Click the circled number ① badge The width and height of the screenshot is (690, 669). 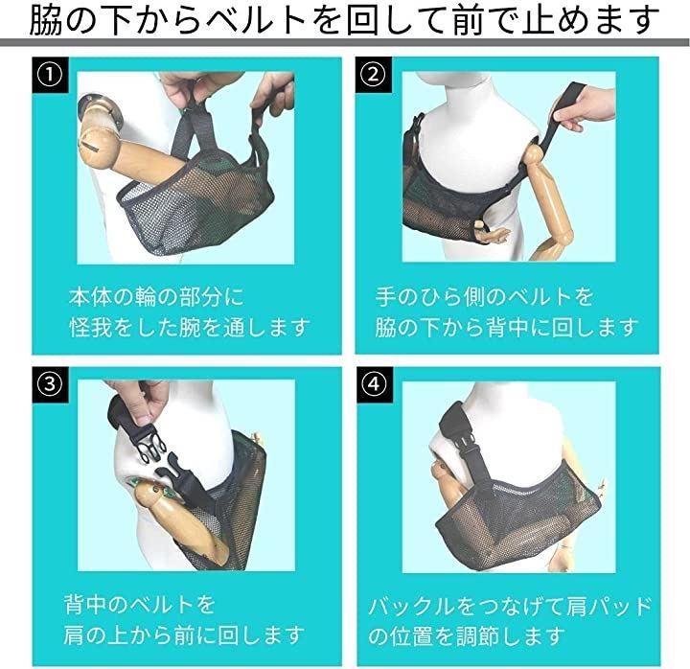(x=50, y=76)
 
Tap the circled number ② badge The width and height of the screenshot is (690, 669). (x=373, y=75)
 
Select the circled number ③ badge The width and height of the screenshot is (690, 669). (x=50, y=384)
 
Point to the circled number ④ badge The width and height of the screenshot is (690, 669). (x=374, y=384)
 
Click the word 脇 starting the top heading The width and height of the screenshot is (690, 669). (x=45, y=21)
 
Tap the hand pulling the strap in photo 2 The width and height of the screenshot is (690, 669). (x=585, y=108)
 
